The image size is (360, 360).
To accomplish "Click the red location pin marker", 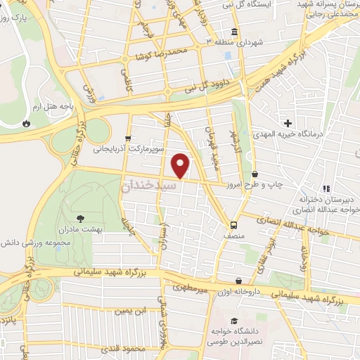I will (x=181, y=165).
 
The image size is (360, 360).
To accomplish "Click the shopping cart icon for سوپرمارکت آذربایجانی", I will (x=127, y=138).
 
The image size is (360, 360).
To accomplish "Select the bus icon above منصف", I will (x=233, y=225).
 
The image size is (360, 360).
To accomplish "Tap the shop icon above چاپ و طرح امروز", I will (x=254, y=173).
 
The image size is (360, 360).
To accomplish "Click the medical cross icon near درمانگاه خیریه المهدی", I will (x=288, y=123).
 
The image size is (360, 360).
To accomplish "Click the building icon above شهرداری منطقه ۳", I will (x=233, y=32).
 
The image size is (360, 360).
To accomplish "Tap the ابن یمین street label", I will (x=134, y=310).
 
